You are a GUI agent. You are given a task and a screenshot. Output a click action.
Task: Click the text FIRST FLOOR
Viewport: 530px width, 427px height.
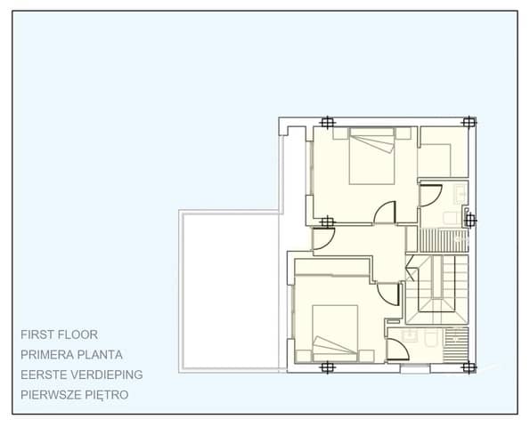point(59,335)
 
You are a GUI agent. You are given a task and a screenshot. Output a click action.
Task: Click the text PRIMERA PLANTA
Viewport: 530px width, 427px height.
point(72,355)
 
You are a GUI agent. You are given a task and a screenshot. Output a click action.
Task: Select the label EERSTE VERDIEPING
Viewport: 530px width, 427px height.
point(82,375)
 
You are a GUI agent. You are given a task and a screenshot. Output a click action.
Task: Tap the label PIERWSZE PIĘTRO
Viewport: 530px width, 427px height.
point(75,394)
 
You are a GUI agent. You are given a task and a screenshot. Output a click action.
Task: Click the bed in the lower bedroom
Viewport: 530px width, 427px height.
point(335,331)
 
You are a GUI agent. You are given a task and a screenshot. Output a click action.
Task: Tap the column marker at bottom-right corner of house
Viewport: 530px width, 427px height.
point(469,366)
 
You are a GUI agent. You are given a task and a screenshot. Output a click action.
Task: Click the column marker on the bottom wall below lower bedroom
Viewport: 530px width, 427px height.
point(327,366)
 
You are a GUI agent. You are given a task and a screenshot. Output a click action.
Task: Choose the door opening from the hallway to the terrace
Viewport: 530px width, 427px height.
point(322,238)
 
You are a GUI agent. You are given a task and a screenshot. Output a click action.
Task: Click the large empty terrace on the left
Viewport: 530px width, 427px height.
point(230,289)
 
